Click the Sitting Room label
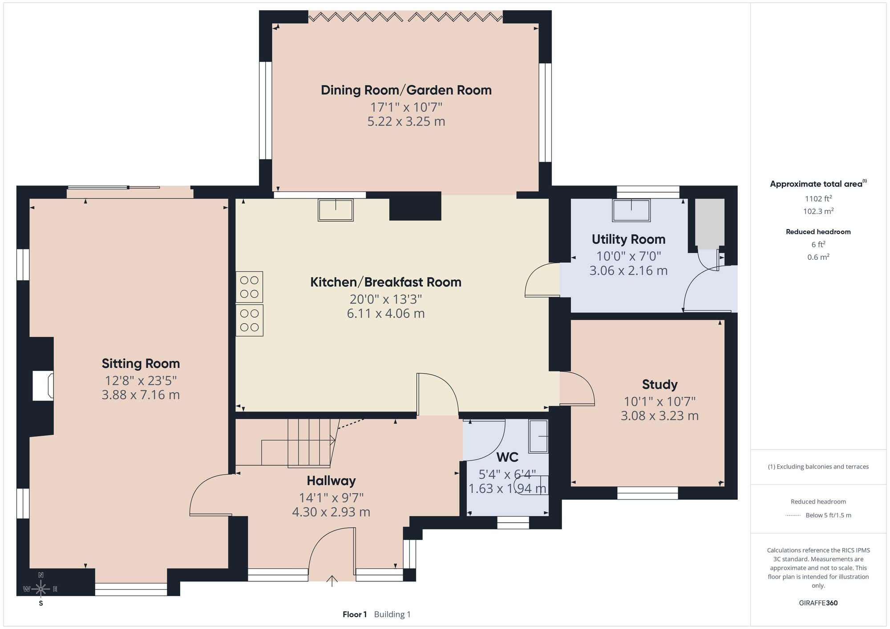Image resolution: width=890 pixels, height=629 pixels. tap(141, 364)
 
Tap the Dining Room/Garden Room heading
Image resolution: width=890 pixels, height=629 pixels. tap(406, 90)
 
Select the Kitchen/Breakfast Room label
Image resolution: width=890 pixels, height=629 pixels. tap(386, 282)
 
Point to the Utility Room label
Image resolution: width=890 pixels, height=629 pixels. tap(628, 239)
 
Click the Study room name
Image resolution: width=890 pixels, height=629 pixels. tap(659, 384)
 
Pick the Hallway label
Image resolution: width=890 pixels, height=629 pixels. tap(331, 481)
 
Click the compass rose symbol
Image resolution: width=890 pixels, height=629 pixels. tap(40, 589)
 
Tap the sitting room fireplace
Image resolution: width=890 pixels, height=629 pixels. tap(43, 385)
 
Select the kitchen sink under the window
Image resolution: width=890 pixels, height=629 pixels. tap(336, 210)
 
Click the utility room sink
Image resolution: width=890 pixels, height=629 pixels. tap(631, 210)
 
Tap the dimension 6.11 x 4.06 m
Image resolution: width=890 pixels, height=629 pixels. tap(386, 313)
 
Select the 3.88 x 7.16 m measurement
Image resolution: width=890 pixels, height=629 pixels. tap(141, 395)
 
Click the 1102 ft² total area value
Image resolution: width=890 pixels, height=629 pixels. tap(818, 199)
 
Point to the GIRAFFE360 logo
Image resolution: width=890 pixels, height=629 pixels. tap(818, 603)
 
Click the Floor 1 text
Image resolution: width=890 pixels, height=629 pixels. tap(355, 614)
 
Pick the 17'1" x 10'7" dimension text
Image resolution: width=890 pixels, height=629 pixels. tap(406, 107)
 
